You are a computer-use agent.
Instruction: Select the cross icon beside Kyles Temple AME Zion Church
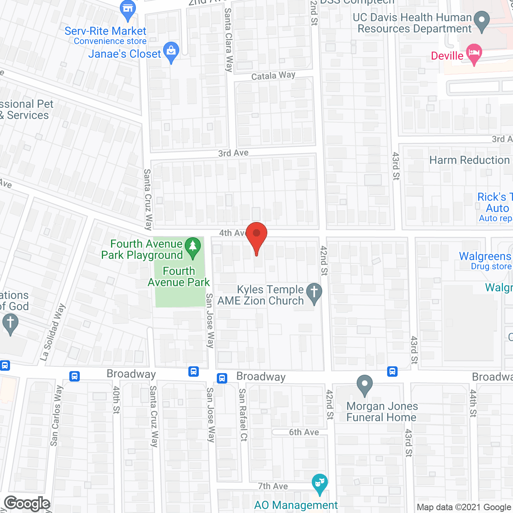click(x=314, y=293)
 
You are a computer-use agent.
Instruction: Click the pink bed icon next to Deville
click(x=474, y=54)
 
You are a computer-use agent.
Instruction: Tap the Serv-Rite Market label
click(x=105, y=31)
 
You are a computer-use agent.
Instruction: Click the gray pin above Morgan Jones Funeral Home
click(x=364, y=385)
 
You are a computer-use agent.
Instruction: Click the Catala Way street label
click(x=273, y=75)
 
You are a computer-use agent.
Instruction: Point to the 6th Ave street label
click(x=304, y=432)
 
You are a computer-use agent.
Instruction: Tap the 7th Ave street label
click(x=273, y=486)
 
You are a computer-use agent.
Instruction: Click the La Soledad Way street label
click(x=53, y=333)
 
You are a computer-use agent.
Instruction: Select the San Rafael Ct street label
click(x=243, y=415)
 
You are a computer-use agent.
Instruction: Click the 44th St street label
click(x=473, y=403)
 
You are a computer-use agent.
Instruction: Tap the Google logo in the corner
click(x=27, y=503)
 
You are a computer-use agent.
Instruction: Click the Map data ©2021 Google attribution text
click(x=464, y=507)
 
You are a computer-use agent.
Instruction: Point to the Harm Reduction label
click(x=469, y=160)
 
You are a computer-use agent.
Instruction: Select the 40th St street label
click(x=116, y=400)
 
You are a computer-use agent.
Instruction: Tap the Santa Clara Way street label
click(x=228, y=40)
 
